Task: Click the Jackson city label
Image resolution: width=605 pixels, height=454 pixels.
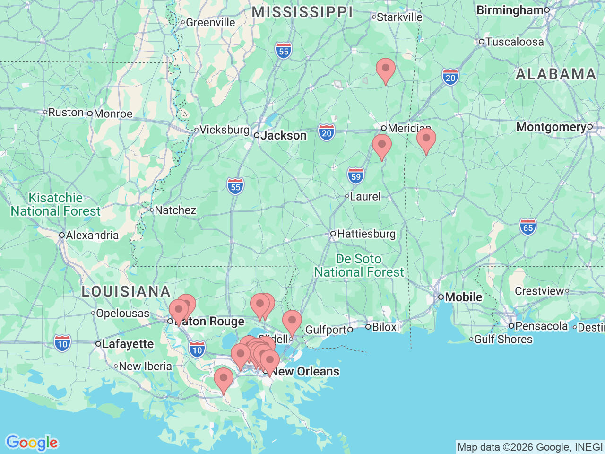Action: click(284, 136)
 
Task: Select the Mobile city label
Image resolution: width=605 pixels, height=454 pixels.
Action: click(463, 297)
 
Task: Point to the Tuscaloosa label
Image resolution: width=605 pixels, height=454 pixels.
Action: click(514, 42)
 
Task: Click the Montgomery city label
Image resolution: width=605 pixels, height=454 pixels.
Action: click(551, 127)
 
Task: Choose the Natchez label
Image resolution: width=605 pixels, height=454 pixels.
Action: click(175, 210)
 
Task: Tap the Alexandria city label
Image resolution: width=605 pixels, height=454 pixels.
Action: click(92, 235)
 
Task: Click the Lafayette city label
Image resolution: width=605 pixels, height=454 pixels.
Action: click(128, 344)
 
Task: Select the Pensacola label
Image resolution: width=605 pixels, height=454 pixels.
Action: click(542, 326)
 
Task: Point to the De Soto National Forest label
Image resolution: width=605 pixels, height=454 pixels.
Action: click(359, 266)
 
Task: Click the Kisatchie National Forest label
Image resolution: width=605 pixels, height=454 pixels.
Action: click(56, 204)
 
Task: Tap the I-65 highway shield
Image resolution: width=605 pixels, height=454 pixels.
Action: click(528, 227)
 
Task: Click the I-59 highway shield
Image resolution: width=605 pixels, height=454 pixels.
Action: click(356, 176)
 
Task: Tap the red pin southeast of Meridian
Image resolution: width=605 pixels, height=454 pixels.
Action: click(426, 140)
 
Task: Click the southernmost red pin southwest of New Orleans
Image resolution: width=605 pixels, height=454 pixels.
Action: click(224, 380)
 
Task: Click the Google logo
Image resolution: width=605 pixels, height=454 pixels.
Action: click(31, 443)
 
